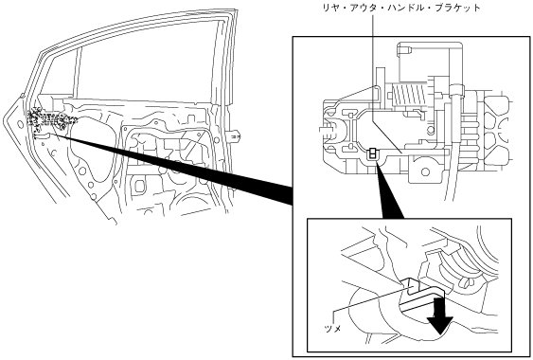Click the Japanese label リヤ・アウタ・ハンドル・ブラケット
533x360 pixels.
(x=401, y=9)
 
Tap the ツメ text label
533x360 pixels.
(x=332, y=329)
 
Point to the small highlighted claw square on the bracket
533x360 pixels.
(x=373, y=153)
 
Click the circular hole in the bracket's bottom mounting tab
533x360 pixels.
(x=425, y=171)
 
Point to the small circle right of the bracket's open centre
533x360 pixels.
(x=431, y=130)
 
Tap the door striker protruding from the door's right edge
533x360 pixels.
(x=235, y=136)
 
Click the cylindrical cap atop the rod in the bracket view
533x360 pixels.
(x=456, y=91)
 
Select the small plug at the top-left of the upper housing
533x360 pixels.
(x=404, y=51)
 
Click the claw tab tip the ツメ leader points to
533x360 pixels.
(x=410, y=286)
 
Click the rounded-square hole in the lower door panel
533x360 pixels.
(x=138, y=187)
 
